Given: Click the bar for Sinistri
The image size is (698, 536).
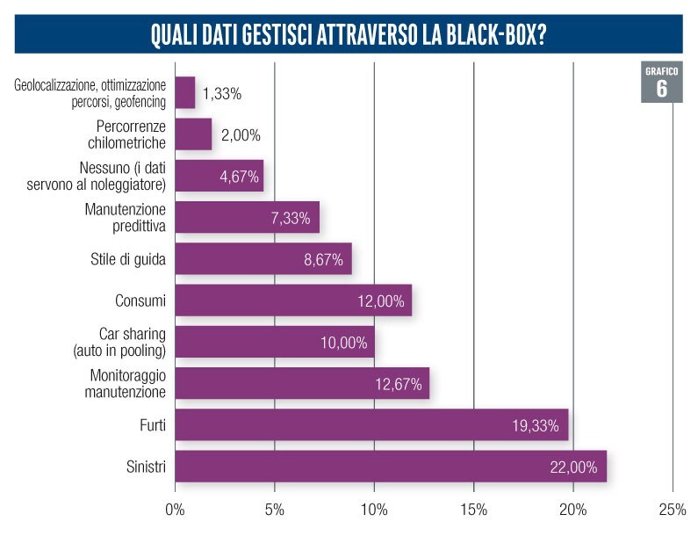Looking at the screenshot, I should click(x=391, y=466).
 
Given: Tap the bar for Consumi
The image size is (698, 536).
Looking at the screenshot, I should click(x=293, y=301).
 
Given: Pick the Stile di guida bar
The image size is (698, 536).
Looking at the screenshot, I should click(x=263, y=259).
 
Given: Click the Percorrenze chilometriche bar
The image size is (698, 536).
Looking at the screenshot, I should click(x=193, y=134).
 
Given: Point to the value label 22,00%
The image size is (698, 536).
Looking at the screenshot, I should click(x=576, y=467).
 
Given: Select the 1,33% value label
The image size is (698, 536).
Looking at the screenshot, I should click(x=221, y=93).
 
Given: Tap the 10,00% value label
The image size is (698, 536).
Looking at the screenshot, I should click(x=343, y=343).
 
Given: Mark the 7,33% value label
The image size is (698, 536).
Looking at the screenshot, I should click(x=290, y=218).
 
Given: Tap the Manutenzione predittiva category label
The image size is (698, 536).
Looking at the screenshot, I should click(x=125, y=217).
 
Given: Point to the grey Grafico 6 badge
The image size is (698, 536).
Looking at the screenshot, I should click(x=661, y=82).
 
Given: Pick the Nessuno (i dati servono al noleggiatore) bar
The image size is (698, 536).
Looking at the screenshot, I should click(x=219, y=176).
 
